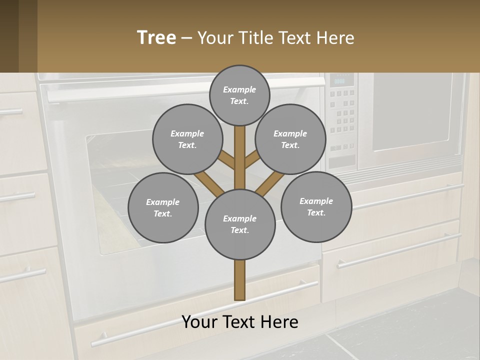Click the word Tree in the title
coord(156,38)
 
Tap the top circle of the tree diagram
coord(239,95)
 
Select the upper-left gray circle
coord(187,139)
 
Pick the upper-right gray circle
coord(290,139)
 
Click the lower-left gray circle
coord(163,208)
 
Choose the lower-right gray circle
coord(316,207)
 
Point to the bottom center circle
coord(240,224)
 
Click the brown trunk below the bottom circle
coord(240,280)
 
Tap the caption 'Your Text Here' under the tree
coord(240,322)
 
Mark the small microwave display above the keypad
coord(340,80)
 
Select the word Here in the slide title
coord(335,38)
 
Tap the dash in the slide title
coord(186,38)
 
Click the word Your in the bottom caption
coord(199,322)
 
